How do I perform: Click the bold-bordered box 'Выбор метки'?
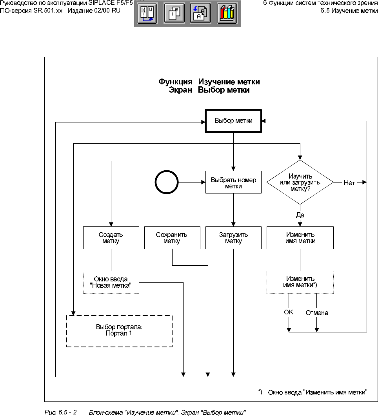point(234,121)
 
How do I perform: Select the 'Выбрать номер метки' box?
point(233,183)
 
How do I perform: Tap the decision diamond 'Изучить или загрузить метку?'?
point(300,182)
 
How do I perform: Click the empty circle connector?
point(166,183)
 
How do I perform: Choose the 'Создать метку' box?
point(111,238)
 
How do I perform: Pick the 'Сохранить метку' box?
point(172,238)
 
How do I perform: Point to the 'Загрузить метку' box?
point(233,238)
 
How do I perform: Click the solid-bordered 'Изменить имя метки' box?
point(300,238)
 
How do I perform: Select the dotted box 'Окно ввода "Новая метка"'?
point(111,282)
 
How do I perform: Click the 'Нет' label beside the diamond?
point(349,182)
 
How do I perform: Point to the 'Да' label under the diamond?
point(300,215)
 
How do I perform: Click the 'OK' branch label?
point(289,312)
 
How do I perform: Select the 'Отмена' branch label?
point(317,313)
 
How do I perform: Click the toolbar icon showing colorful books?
point(227,14)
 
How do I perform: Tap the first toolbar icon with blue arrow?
point(147,14)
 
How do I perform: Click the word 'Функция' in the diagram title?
point(175,82)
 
